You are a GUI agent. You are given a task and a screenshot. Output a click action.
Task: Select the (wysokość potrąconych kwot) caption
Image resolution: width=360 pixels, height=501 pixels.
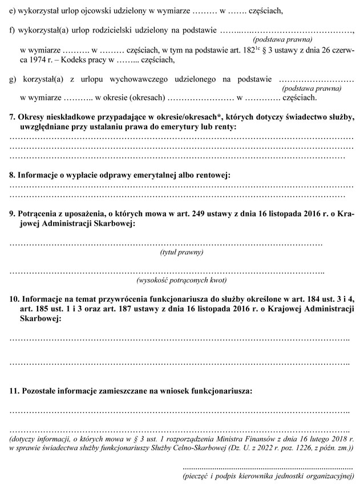181,281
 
